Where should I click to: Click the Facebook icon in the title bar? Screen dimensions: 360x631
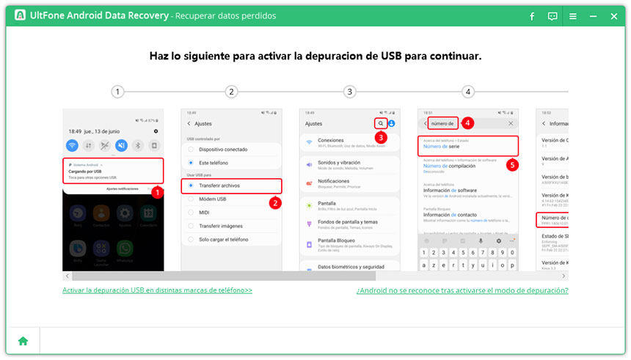tap(532, 16)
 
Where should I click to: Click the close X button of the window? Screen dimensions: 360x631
tap(613, 16)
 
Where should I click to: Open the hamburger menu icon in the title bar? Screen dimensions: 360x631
tap(572, 16)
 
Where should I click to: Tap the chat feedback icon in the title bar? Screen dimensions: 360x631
tap(552, 16)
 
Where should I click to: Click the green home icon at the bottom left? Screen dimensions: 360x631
tap(23, 341)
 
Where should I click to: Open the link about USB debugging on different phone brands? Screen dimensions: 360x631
tap(158, 290)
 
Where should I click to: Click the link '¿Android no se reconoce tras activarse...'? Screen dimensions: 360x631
tap(462, 290)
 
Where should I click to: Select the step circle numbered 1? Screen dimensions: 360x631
tap(117, 92)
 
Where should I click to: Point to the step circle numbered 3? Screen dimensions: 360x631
tap(350, 92)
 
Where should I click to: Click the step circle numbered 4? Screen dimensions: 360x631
tap(468, 92)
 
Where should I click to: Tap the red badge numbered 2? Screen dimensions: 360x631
tap(275, 203)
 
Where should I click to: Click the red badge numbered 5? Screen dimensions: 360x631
tap(512, 165)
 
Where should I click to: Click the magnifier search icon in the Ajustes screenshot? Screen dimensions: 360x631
tap(381, 123)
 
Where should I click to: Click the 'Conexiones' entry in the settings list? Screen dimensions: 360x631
tap(330, 140)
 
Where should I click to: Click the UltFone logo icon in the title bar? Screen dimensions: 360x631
tap(20, 15)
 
